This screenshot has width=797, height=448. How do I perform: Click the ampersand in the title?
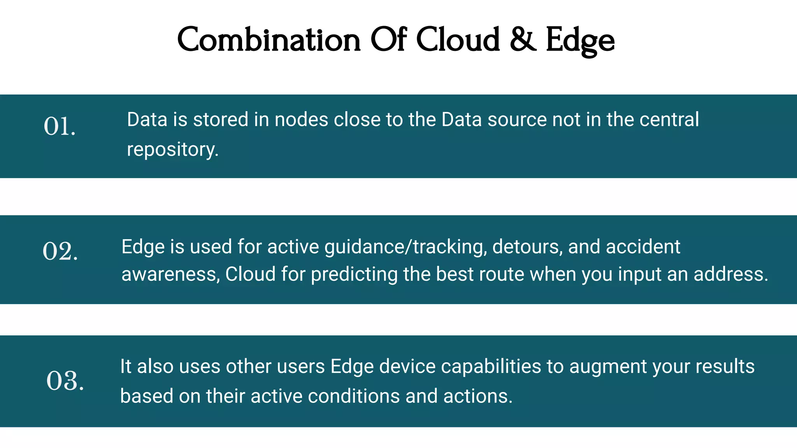pyautogui.click(x=523, y=40)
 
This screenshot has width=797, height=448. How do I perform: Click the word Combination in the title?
pyautogui.click(x=269, y=40)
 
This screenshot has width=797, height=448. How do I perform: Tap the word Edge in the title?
pyautogui.click(x=580, y=41)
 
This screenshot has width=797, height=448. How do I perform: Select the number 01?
pyautogui.click(x=59, y=127)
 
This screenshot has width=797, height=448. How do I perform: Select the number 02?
pyautogui.click(x=60, y=251)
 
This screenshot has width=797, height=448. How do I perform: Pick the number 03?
pyautogui.click(x=65, y=381)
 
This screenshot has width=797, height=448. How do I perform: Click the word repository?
pyautogui.click(x=172, y=150)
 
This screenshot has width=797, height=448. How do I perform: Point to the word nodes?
pyautogui.click(x=301, y=120)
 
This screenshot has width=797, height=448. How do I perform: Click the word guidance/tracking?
pyautogui.click(x=406, y=247)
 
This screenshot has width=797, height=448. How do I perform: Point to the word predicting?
pyautogui.click(x=354, y=275)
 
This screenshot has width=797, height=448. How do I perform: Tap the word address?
pyautogui.click(x=730, y=274)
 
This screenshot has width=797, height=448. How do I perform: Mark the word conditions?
pyautogui.click(x=353, y=396)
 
